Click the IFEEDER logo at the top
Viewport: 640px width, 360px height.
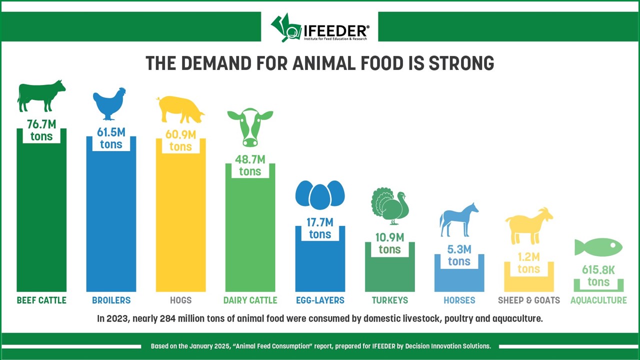[x=320, y=27]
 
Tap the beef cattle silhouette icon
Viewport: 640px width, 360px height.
[x=41, y=95]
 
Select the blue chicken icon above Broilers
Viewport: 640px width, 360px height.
[x=109, y=103]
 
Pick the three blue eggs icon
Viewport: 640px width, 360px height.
[x=320, y=194]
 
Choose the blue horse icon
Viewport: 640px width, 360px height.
[x=458, y=219]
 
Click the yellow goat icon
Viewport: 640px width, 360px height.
[x=528, y=225]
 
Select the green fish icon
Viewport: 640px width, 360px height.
[x=598, y=247]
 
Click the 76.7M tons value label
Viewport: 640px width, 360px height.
[x=41, y=130]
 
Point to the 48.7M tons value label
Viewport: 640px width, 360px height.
[x=250, y=165]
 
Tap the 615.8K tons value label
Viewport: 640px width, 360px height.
[x=598, y=276]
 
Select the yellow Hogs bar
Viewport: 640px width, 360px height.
[x=180, y=225]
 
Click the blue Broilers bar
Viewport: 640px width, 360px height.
[x=111, y=225]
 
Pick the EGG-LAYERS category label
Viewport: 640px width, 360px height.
[x=320, y=300]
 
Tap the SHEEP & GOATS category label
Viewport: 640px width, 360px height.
[x=528, y=300]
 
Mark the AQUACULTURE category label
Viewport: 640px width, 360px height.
[x=598, y=300]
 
